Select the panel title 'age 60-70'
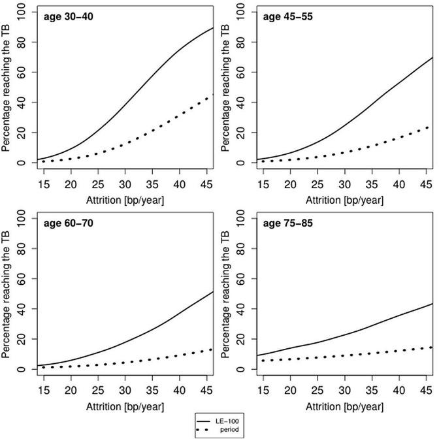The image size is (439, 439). click(66, 223)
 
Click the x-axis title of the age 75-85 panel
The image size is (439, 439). click(340, 406)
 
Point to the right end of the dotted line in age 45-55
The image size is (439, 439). click(432, 126)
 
